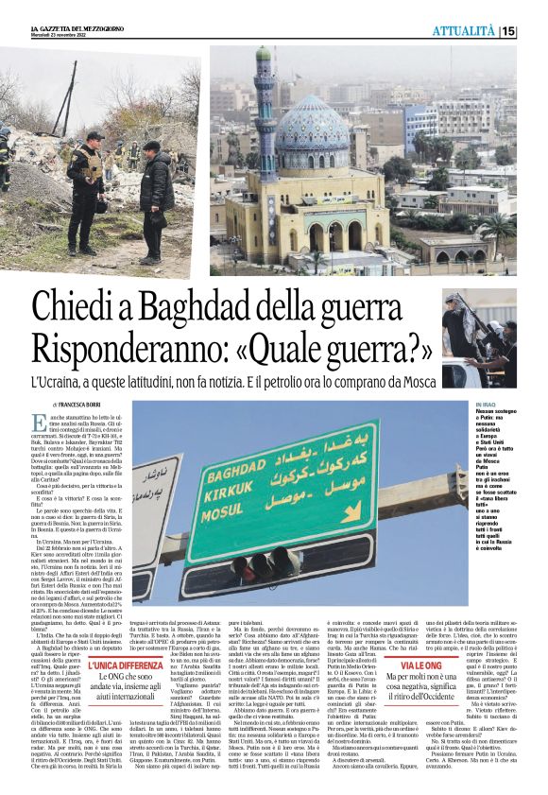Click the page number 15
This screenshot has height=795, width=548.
pos(509,31)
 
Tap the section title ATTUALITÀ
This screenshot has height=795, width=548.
pos(464,31)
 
